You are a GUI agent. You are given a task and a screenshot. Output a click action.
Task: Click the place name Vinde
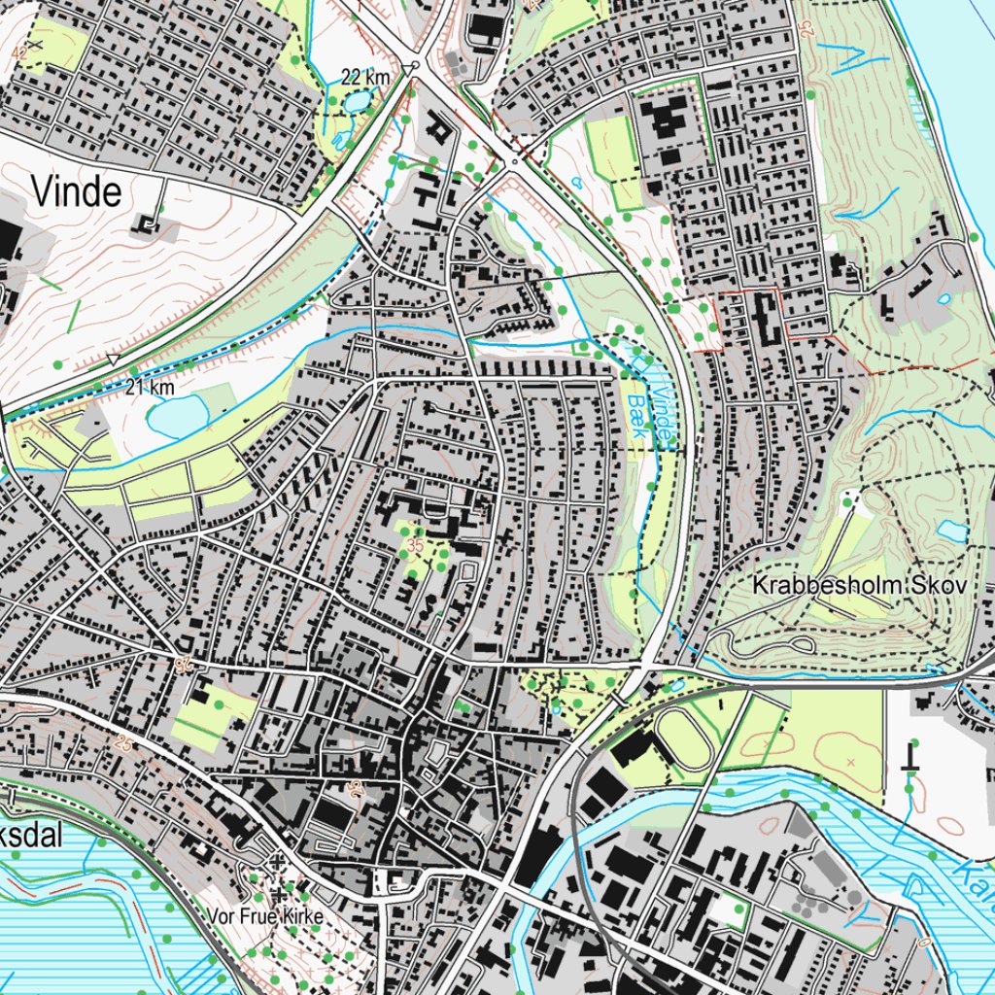(x=77, y=191)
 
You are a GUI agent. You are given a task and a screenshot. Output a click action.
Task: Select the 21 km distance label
(x=150, y=388)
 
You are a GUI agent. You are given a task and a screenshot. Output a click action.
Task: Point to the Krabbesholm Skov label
(x=860, y=586)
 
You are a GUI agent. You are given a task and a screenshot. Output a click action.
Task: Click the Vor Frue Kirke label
(x=263, y=916)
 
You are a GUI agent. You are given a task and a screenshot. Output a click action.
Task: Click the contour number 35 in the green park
(x=416, y=545)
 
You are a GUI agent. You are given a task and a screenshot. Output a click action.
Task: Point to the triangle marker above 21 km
(x=114, y=360)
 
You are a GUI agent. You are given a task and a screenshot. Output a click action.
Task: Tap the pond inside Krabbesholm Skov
(x=952, y=531)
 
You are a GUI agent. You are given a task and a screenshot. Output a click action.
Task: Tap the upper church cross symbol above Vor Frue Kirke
(x=277, y=861)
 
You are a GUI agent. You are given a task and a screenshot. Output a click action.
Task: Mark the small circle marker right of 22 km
(x=415, y=66)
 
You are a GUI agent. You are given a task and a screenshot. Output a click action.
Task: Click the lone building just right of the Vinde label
(x=148, y=225)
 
